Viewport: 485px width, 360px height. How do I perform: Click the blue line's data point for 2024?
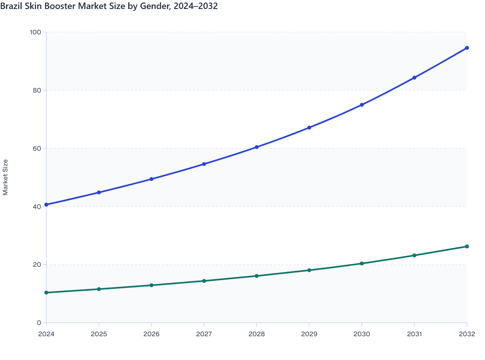click(46, 205)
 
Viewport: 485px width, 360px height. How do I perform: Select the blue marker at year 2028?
click(257, 147)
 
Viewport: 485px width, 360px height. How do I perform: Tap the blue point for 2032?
click(467, 48)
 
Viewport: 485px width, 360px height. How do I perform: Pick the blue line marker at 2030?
click(362, 105)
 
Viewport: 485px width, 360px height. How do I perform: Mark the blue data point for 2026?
click(151, 179)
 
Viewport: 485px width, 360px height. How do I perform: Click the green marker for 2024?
click(46, 292)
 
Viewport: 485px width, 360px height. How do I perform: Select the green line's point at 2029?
click(309, 270)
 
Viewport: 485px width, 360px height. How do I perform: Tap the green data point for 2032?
click(467, 247)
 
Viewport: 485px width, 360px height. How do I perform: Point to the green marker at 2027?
click(204, 281)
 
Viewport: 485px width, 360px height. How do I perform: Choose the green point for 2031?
click(414, 256)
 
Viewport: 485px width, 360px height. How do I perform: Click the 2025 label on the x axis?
click(99, 334)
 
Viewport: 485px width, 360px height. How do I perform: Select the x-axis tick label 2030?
click(362, 334)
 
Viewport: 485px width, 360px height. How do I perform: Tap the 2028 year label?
click(257, 334)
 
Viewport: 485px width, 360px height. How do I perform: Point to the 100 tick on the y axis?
click(35, 32)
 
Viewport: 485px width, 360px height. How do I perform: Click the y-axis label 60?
click(37, 148)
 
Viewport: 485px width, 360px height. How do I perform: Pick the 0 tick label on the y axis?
click(39, 323)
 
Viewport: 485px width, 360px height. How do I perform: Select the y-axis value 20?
click(37, 265)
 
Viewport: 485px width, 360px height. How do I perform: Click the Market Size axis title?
click(5, 177)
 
